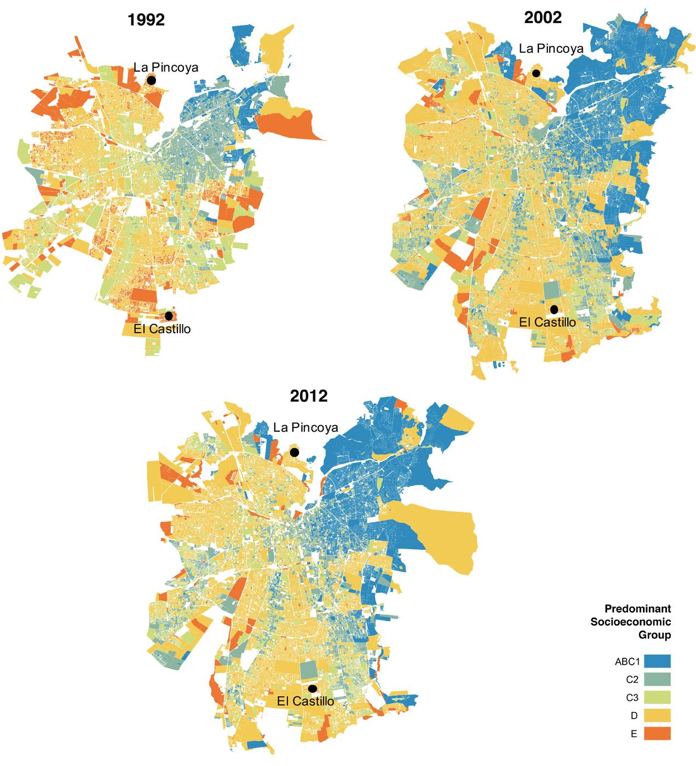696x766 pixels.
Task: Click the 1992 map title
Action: (146, 21)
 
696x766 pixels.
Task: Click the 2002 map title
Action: (543, 18)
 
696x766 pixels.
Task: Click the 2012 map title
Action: (309, 395)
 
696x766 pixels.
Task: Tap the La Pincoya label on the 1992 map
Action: (166, 67)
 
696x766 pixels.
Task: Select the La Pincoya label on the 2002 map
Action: (551, 48)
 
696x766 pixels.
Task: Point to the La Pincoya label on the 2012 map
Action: (306, 427)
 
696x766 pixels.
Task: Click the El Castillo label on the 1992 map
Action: (162, 329)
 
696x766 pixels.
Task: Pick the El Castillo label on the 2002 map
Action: (547, 322)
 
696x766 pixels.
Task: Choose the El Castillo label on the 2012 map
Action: (305, 701)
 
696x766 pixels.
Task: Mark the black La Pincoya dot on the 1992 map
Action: (152, 80)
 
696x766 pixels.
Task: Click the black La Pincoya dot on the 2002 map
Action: (537, 72)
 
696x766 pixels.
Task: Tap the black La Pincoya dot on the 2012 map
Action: (295, 452)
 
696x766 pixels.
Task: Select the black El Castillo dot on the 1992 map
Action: (169, 316)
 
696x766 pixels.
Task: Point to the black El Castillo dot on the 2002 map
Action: (554, 309)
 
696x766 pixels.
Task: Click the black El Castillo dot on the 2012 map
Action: (313, 688)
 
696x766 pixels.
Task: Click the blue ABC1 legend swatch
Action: (657, 661)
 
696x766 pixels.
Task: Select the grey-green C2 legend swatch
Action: (657, 679)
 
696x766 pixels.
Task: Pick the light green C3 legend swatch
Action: (657, 697)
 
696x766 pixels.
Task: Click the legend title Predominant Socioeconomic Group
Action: (637, 622)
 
